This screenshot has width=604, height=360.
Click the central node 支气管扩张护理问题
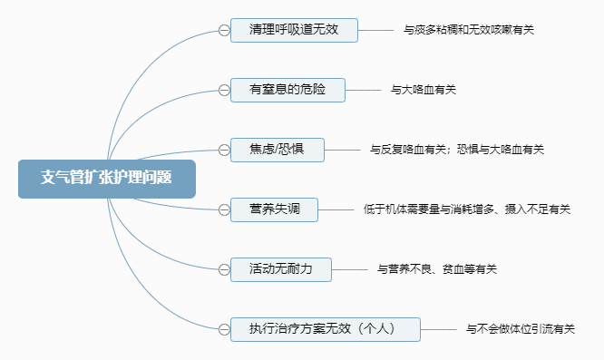pos(106,178)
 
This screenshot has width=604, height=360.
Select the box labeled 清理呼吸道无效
pos(295,30)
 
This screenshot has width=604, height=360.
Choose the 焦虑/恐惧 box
pos(277,149)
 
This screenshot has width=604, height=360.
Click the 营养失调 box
pos(275,209)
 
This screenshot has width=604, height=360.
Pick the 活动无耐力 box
pos(281,269)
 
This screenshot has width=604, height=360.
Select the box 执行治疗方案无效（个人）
pos(324,329)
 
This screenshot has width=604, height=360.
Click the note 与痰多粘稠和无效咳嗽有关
pos(469,30)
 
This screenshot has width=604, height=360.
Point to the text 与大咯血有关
pos(424,90)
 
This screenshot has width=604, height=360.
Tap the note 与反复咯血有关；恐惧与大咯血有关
pos(457,149)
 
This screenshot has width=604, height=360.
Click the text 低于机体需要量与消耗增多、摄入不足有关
pos(467,209)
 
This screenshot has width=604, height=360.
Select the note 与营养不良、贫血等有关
pos(437,269)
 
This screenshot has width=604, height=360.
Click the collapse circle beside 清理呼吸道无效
pos(223,30)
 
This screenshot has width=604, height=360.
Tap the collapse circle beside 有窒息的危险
pos(223,90)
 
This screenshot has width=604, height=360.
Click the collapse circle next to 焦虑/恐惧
pos(223,149)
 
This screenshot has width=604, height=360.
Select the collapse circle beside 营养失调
pos(223,209)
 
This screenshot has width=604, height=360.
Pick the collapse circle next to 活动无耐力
pos(223,269)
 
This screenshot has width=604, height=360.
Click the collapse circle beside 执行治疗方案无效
pos(223,329)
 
